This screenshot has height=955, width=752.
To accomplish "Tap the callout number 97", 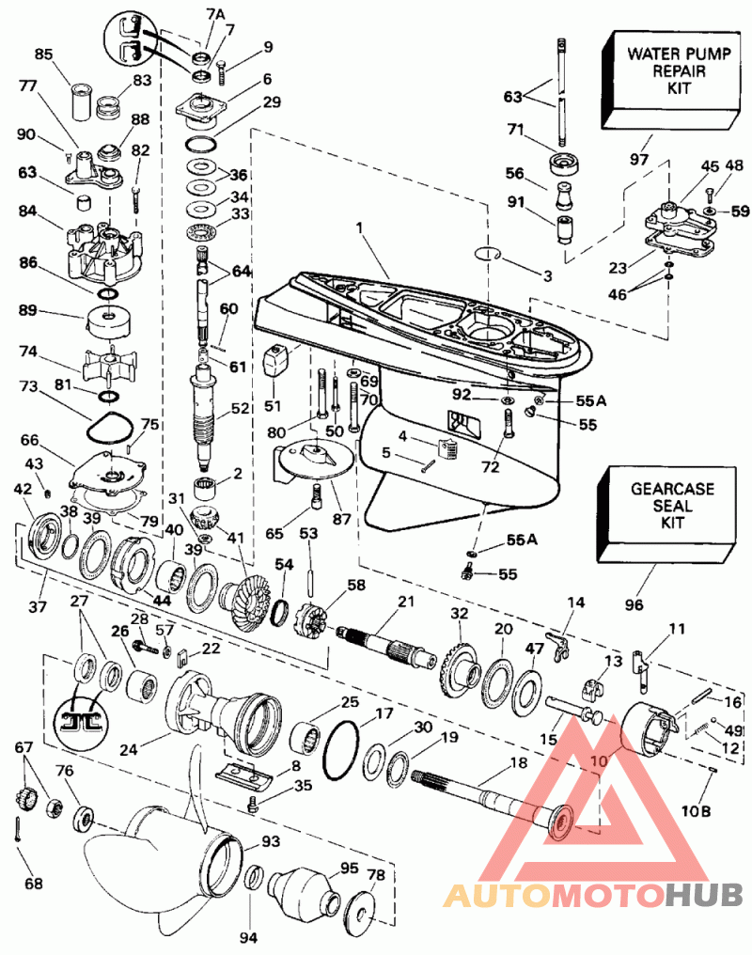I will [x=639, y=161].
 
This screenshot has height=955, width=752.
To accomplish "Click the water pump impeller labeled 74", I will [x=111, y=367].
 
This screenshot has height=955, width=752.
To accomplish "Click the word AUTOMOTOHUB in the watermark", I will [x=593, y=895].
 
